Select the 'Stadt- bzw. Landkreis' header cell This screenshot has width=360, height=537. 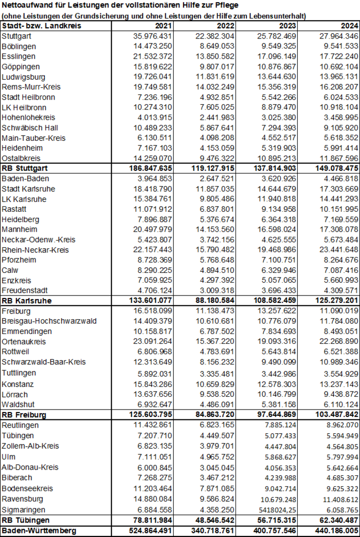(x=42, y=26)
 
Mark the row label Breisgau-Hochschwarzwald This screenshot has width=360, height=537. (x=49, y=321)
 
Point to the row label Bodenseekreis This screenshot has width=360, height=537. (x=27, y=488)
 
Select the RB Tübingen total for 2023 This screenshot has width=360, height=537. (x=273, y=520)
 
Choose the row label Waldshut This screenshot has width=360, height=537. (x=19, y=404)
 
